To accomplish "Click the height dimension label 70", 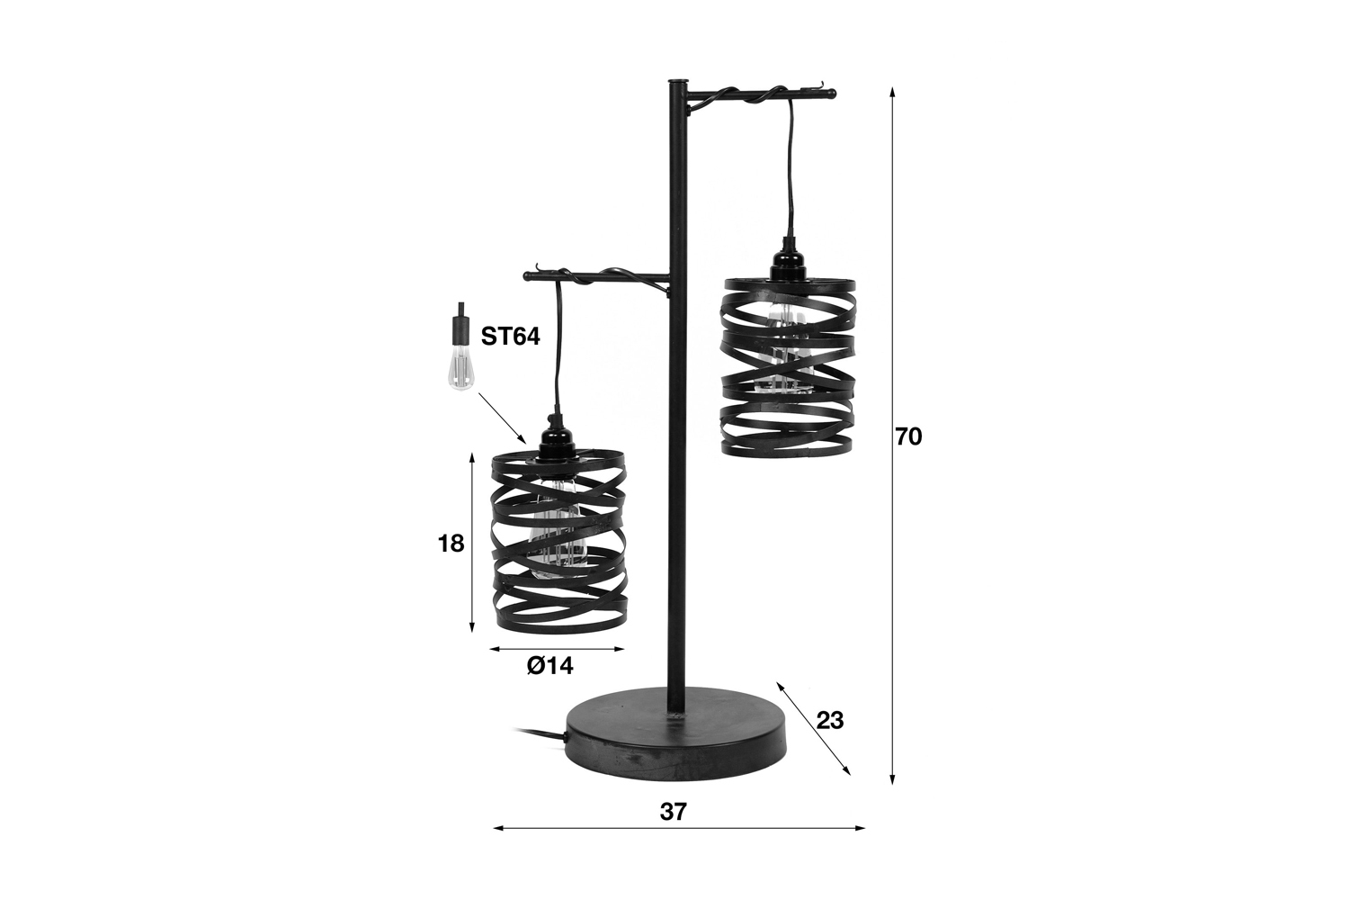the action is click(x=908, y=437).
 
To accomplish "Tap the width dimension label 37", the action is click(x=674, y=812).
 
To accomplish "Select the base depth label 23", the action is click(x=830, y=720).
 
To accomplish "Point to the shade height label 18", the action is click(x=451, y=544).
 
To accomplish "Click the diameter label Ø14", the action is click(x=549, y=665).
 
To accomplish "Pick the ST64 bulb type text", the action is click(x=510, y=337).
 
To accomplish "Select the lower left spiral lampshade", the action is click(x=559, y=545).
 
